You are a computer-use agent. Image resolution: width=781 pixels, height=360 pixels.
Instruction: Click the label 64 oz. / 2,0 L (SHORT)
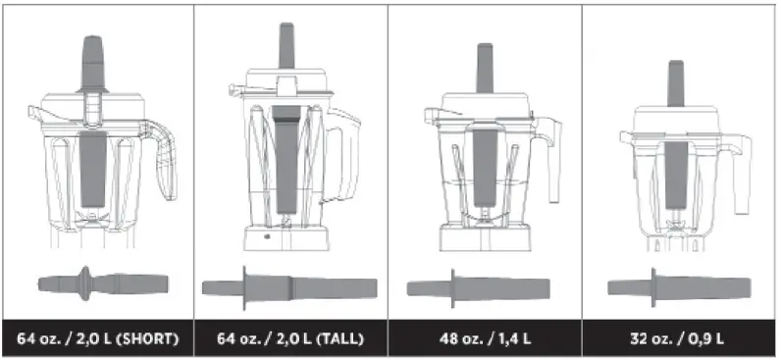98,339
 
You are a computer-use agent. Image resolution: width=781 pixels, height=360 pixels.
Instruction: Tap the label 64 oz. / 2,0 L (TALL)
290,339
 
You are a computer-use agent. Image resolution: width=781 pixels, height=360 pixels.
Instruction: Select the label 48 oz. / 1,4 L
485,339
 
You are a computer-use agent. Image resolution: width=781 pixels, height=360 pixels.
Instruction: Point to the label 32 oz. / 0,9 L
677,339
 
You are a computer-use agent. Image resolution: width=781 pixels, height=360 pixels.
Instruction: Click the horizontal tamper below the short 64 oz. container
103,283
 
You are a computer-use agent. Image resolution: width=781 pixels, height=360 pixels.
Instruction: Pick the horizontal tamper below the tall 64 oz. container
289,288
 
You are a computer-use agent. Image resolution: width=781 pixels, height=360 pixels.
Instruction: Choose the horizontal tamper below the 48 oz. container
479,288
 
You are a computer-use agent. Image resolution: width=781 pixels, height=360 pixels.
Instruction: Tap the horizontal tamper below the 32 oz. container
679,287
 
